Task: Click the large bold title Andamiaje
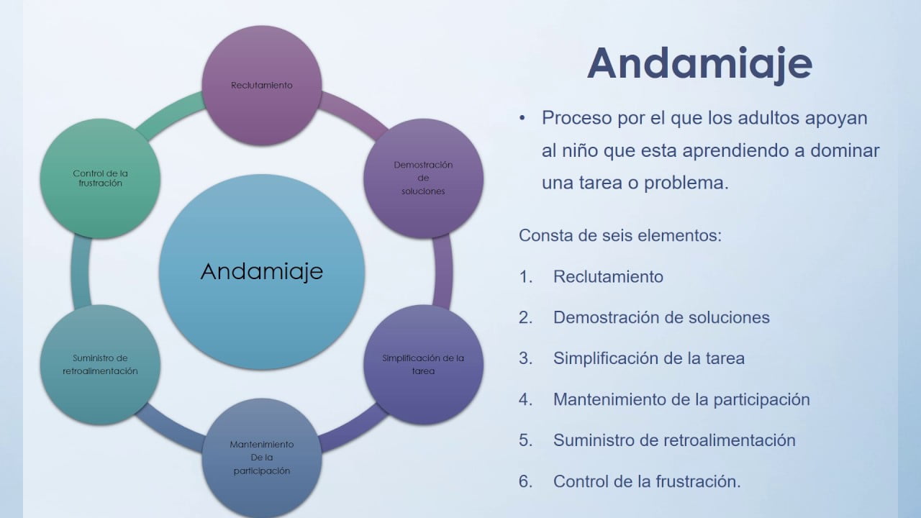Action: (700, 64)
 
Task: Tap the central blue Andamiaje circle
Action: (262, 272)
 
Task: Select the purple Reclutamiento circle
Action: (262, 86)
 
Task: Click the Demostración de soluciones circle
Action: (424, 178)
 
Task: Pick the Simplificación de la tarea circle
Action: (424, 365)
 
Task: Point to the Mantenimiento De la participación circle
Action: (262, 458)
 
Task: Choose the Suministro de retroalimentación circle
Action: (100, 365)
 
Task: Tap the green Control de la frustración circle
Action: (100, 178)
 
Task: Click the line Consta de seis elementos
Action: (620, 235)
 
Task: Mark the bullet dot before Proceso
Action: (522, 119)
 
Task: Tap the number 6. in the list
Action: (525, 481)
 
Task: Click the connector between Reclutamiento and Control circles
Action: (168, 114)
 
